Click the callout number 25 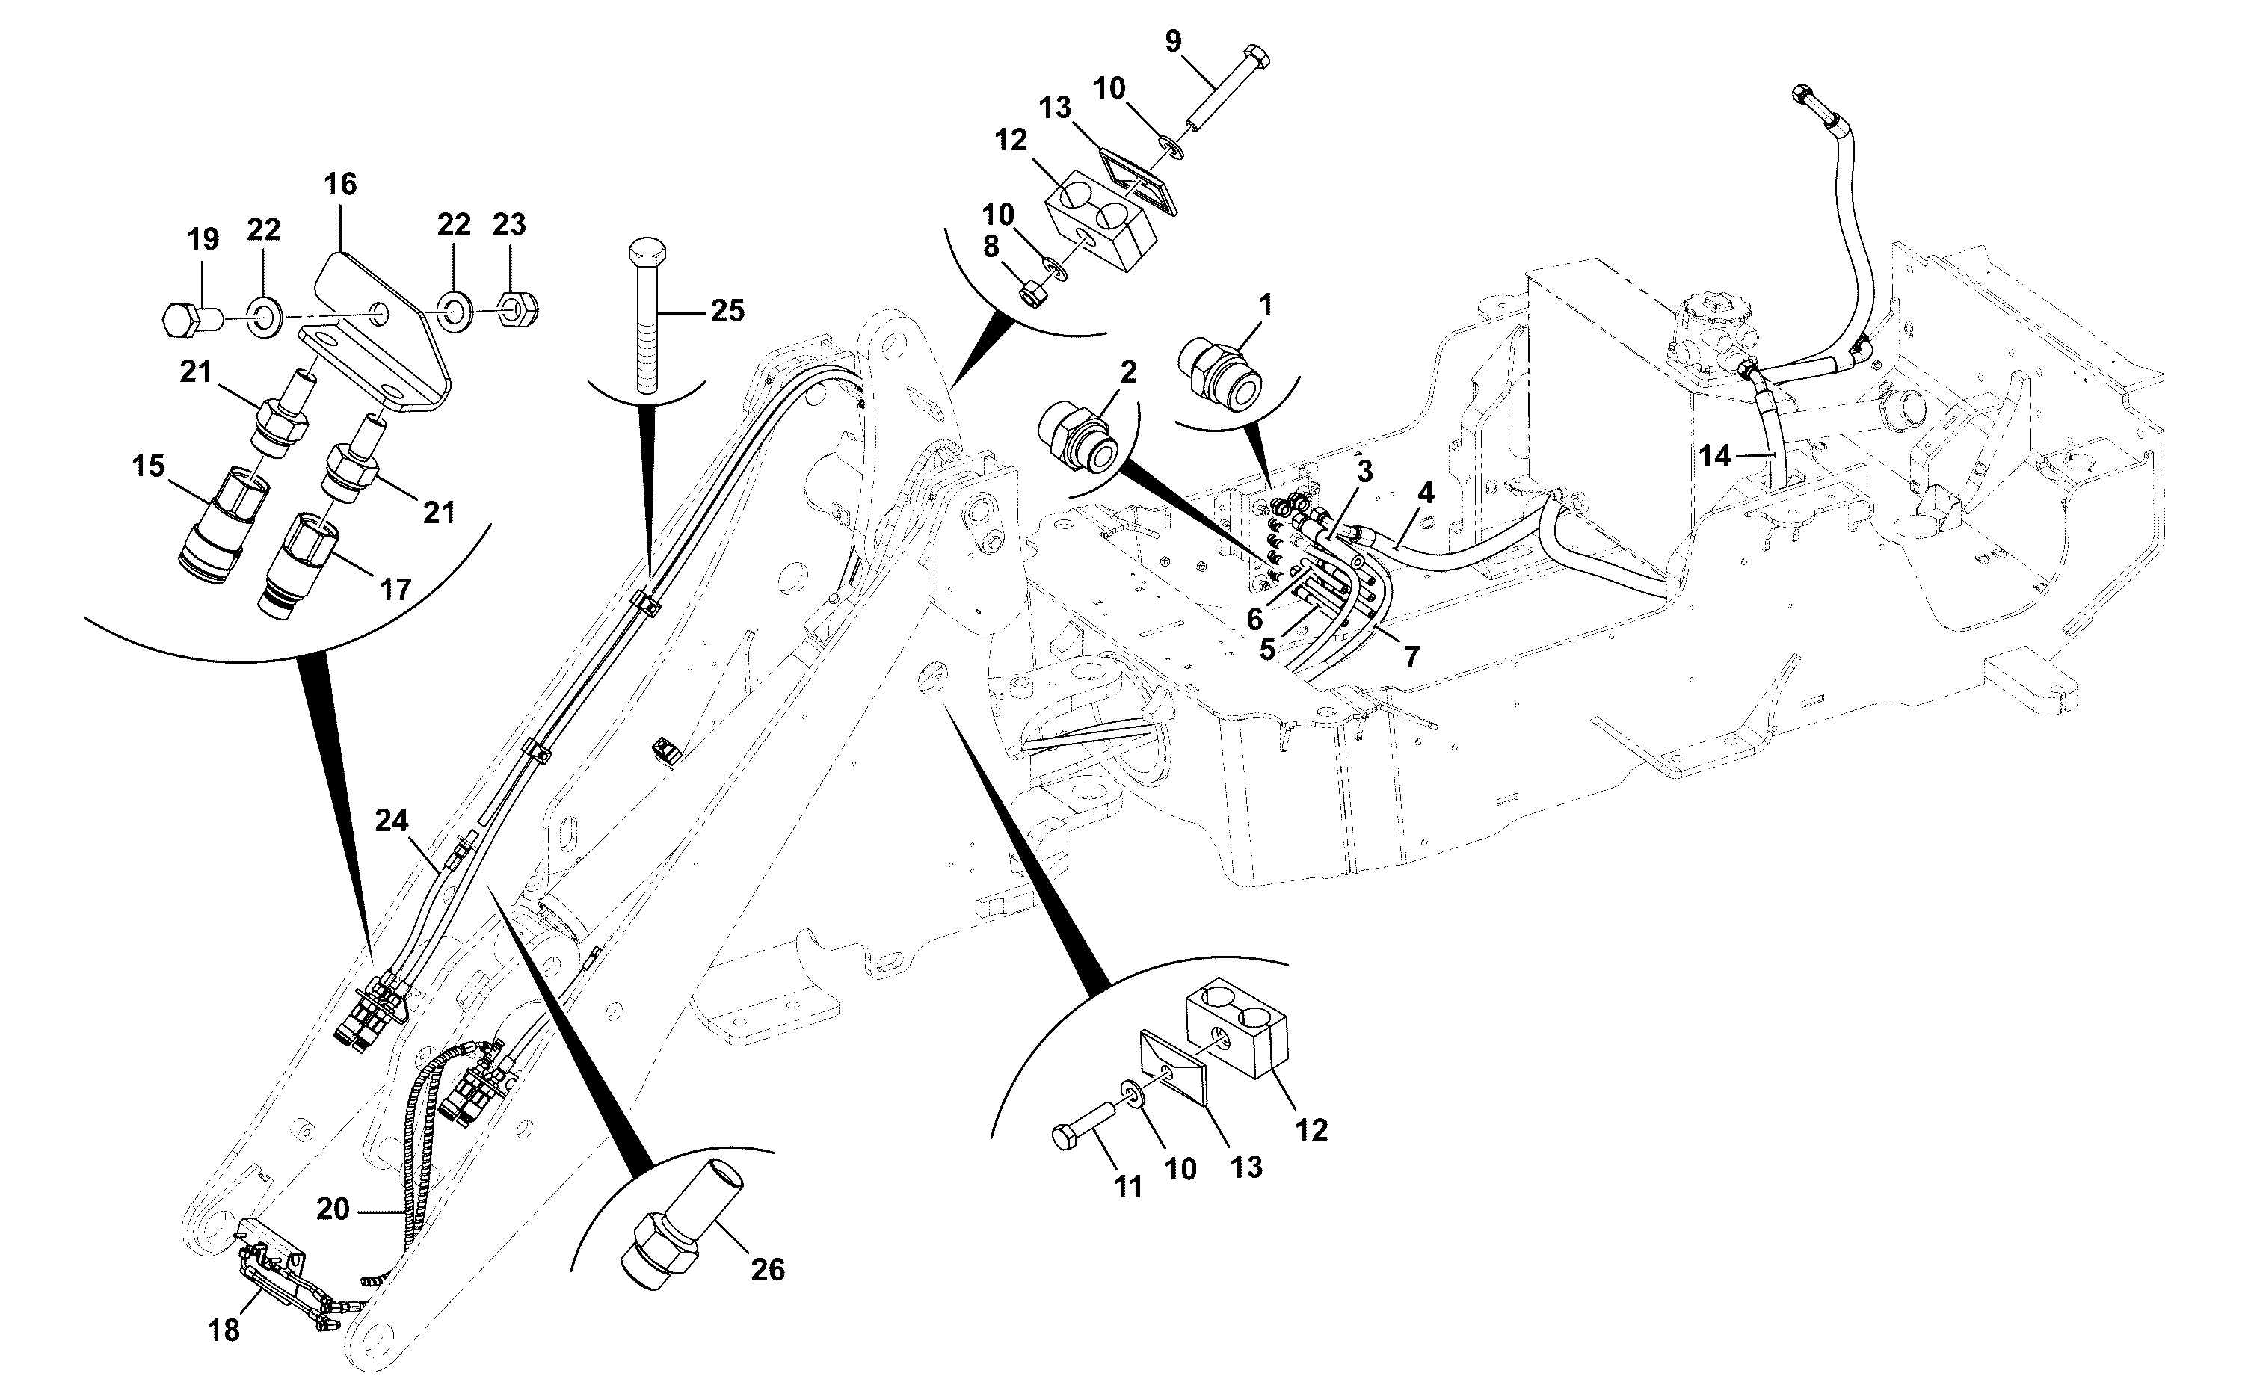coord(727,311)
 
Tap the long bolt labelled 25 coord(647,316)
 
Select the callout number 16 coord(340,184)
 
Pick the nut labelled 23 coord(517,308)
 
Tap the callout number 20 coord(333,1209)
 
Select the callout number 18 coord(224,1330)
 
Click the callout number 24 coord(391,821)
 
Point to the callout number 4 coord(1426,493)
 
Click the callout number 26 coord(768,1270)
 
